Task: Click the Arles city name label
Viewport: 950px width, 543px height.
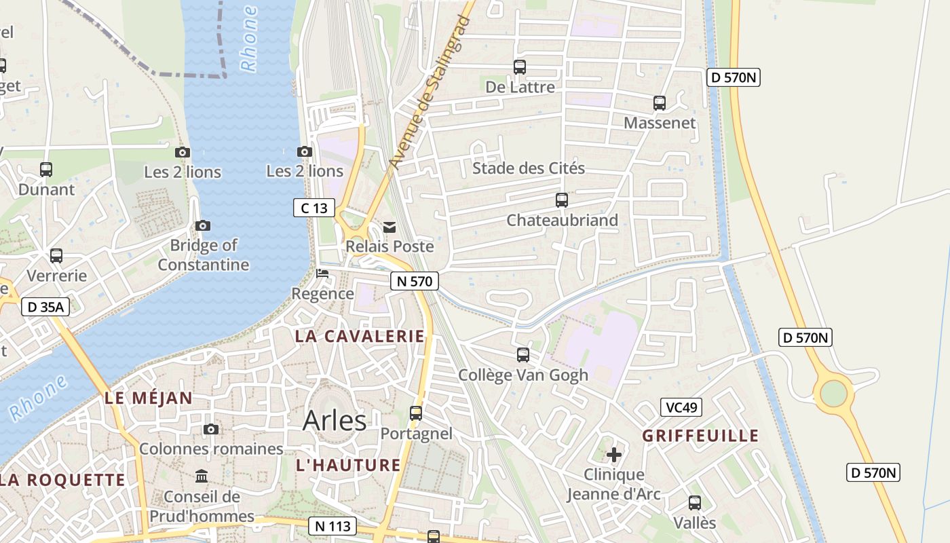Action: (x=335, y=420)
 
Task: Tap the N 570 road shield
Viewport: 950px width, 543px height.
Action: (x=415, y=281)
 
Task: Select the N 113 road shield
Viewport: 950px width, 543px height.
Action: (x=332, y=525)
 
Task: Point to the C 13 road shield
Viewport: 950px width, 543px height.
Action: (x=314, y=208)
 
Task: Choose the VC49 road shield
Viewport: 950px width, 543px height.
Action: (x=681, y=407)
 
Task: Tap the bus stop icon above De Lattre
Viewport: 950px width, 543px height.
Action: (x=520, y=67)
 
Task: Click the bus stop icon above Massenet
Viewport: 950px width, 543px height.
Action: (x=660, y=103)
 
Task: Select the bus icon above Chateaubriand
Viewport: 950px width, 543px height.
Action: (x=562, y=200)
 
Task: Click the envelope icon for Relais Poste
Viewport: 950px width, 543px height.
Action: (x=389, y=227)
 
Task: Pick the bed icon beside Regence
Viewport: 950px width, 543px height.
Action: (x=322, y=274)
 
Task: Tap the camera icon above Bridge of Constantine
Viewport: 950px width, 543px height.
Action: (x=202, y=225)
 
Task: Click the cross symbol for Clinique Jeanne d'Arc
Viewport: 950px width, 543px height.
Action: (x=614, y=454)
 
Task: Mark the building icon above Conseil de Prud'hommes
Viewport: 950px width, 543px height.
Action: (x=202, y=476)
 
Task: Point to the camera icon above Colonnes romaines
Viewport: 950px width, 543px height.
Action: (x=211, y=429)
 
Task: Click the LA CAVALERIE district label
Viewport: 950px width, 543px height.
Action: (x=360, y=336)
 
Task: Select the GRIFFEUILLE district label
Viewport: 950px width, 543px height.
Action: (x=700, y=436)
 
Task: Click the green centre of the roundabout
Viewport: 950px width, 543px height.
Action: (x=834, y=393)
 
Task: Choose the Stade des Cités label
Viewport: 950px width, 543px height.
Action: (x=529, y=168)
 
